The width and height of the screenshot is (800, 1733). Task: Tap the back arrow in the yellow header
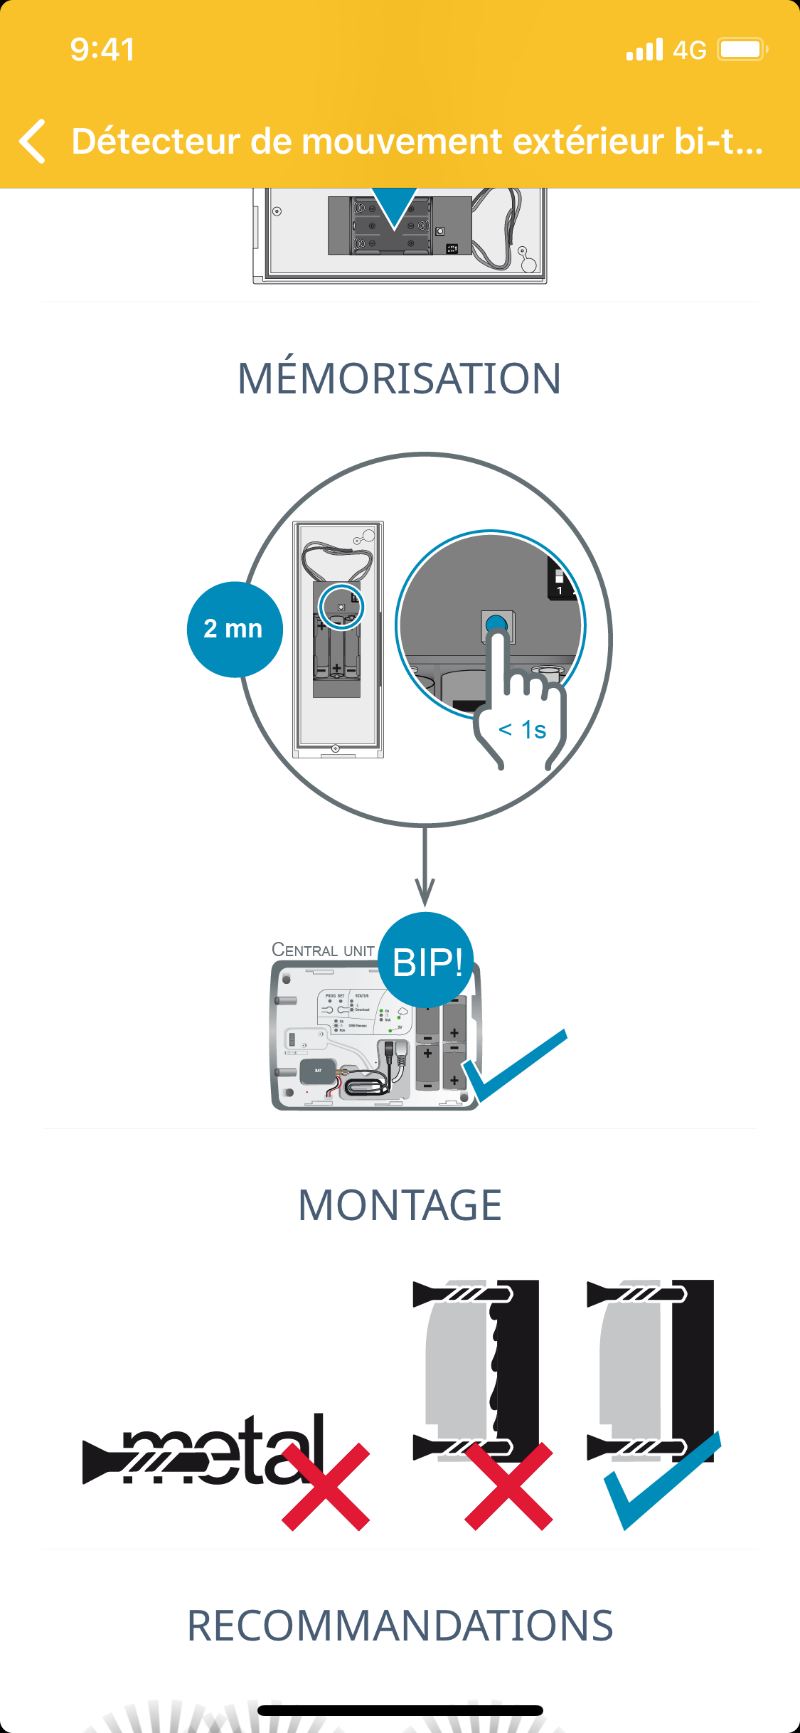point(33,141)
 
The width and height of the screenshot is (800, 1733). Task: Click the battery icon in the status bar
point(742,50)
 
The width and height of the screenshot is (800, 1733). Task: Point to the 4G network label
point(689,51)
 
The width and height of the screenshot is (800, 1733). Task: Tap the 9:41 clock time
point(102,50)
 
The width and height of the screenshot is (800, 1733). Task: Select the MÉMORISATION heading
point(400,378)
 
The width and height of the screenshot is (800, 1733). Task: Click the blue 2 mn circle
point(234,630)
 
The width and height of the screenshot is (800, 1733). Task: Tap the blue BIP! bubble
point(427,961)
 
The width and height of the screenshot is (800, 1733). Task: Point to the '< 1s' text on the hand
point(523,730)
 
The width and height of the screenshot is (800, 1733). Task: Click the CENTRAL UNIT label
point(323,950)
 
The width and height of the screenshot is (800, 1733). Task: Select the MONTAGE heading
point(400,1205)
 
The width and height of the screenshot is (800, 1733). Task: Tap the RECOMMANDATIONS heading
point(400,1626)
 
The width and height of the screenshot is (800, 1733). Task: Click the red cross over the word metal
point(326,1487)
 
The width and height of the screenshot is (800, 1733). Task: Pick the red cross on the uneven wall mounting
point(508,1487)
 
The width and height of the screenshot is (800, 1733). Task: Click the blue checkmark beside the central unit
point(513,1065)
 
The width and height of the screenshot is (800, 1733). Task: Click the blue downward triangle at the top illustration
point(395,207)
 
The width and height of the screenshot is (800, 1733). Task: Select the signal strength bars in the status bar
point(644,50)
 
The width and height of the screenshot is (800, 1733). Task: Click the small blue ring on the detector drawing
point(341,607)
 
